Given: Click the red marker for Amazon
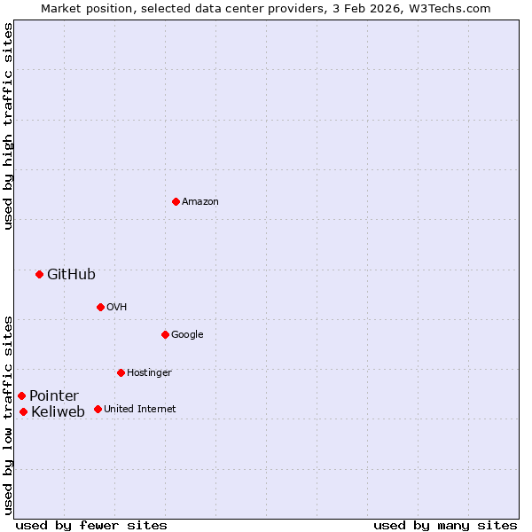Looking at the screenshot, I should coord(176,201).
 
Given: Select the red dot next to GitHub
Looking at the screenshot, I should coord(39,274).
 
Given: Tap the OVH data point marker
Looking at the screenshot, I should coord(100,307).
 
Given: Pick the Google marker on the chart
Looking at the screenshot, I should coord(165,334).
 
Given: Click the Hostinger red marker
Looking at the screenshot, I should coord(121,372).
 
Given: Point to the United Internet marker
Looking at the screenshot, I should coord(98,409).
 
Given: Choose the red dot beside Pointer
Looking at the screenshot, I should coord(21,395).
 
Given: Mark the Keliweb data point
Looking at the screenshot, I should coord(23,411).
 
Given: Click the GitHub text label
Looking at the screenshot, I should coord(71,274).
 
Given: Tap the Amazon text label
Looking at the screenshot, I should coord(200,201).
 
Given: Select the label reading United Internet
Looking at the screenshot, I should coord(140,409).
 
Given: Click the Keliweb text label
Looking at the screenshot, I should coord(58,411).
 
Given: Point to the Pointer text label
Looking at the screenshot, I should coord(54,395).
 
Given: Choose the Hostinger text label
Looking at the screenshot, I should coord(149,372).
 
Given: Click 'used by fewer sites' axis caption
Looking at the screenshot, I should coord(91,525).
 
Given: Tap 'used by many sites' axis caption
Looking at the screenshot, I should coord(445,525).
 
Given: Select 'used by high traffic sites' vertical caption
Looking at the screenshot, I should coord(8,126).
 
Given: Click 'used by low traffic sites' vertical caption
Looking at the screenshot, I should coord(8,414).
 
